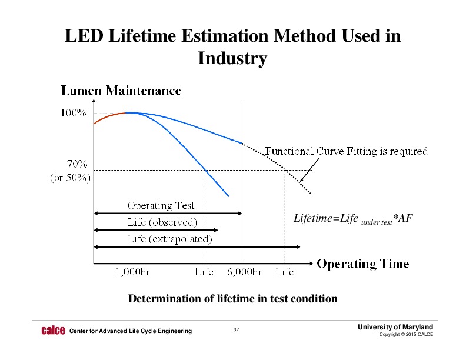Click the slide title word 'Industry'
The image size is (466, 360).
(232, 59)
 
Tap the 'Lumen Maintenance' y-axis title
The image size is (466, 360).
(121, 91)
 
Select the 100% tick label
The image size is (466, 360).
(74, 114)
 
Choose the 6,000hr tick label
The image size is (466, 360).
(245, 272)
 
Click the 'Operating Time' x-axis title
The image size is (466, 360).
(363, 264)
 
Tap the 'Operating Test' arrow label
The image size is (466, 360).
(161, 206)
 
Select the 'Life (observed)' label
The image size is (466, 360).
(162, 222)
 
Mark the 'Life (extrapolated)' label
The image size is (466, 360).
(170, 239)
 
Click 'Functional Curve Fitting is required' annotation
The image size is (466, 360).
(346, 151)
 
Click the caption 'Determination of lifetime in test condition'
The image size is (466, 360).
(233, 299)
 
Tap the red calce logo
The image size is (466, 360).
(52, 331)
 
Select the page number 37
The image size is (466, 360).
(236, 329)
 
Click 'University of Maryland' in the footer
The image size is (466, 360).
(398, 327)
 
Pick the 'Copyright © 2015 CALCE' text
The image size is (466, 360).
(407, 335)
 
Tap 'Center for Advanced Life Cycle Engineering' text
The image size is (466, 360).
(131, 331)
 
